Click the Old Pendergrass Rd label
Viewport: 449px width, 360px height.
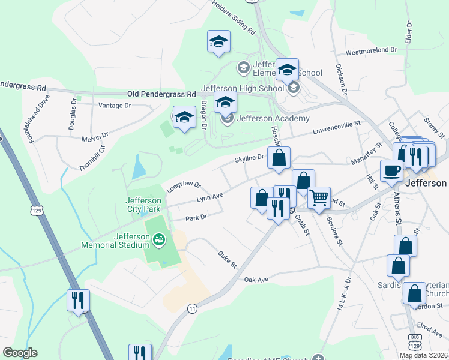click(x=162, y=95)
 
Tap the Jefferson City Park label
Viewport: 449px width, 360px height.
click(x=144, y=205)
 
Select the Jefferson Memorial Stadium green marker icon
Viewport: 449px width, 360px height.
click(x=159, y=241)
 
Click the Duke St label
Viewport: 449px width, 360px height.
click(x=228, y=259)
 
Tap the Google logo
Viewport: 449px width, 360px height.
click(x=20, y=353)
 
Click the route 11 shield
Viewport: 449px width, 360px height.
click(x=192, y=308)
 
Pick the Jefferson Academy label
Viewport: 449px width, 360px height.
click(x=273, y=118)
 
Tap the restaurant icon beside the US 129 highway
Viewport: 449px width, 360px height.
click(x=79, y=300)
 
